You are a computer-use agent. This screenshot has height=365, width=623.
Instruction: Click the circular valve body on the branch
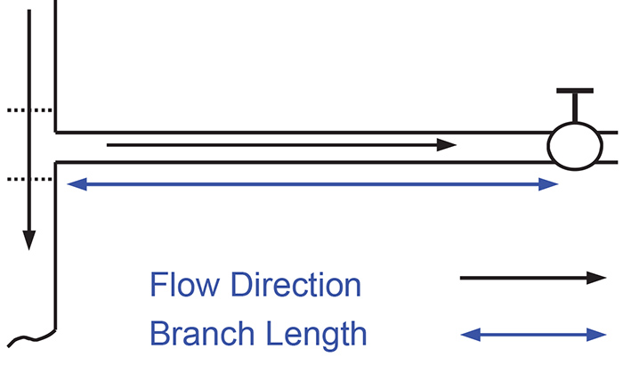(x=575, y=147)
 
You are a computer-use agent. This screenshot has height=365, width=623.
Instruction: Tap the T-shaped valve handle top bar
(x=575, y=91)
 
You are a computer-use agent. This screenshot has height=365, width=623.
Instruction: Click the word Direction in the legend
(x=294, y=286)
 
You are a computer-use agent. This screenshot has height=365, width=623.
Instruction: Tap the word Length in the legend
(x=317, y=334)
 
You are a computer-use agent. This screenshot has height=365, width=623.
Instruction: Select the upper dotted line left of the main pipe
(x=27, y=110)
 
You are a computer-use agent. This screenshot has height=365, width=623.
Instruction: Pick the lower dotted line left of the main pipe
(x=27, y=181)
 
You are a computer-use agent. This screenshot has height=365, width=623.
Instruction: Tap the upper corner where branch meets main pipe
(x=56, y=132)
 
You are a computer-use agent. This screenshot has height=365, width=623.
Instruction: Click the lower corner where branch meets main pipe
(x=56, y=162)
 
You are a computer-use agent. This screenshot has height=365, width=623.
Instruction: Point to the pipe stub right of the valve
(x=610, y=147)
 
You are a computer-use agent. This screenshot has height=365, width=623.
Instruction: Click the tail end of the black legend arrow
(x=463, y=278)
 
